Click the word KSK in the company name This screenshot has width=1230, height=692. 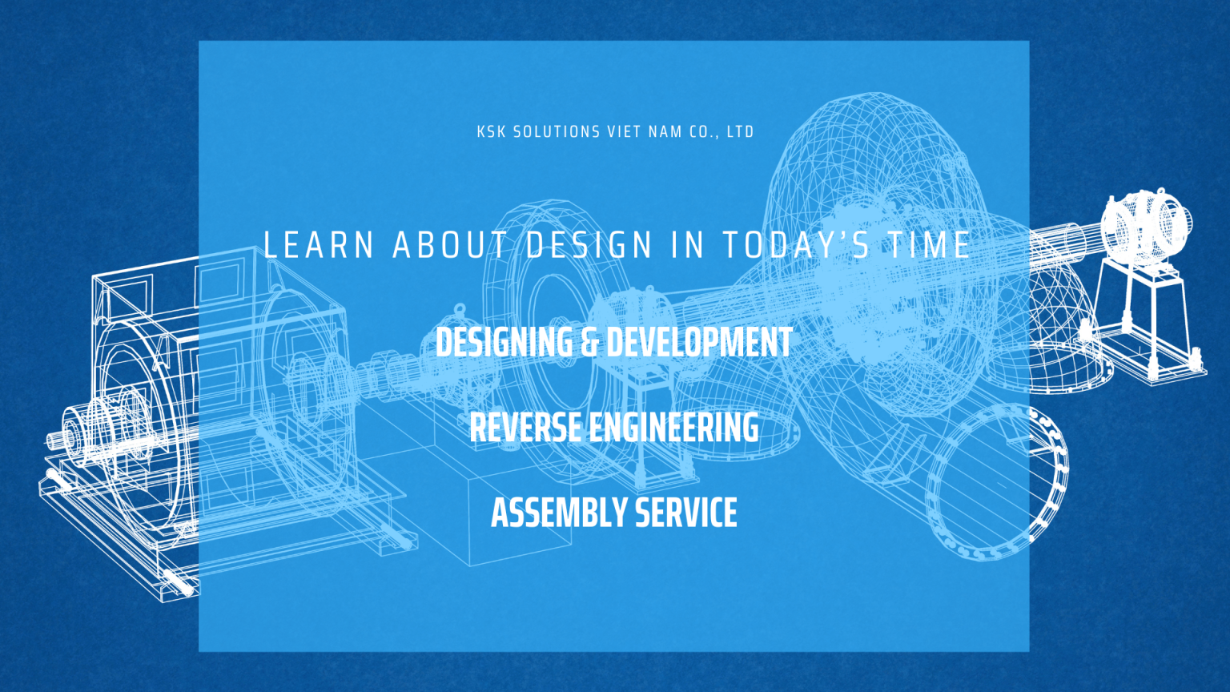tap(490, 132)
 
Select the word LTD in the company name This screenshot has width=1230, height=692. tap(741, 132)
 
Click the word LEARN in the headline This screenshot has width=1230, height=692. tap(319, 246)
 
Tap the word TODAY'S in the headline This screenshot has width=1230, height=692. tap(796, 246)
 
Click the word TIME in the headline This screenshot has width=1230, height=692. tap(930, 246)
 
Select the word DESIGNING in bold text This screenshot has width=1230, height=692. tap(504, 343)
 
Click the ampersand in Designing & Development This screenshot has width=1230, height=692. tap(590, 343)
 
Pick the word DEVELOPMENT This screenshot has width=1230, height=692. tap(700, 343)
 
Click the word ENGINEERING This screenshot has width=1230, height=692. tap(674, 428)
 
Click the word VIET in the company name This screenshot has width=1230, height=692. tap(624, 132)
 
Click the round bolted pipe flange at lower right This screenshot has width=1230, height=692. tap(997, 481)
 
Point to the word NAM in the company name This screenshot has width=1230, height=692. tap(665, 132)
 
